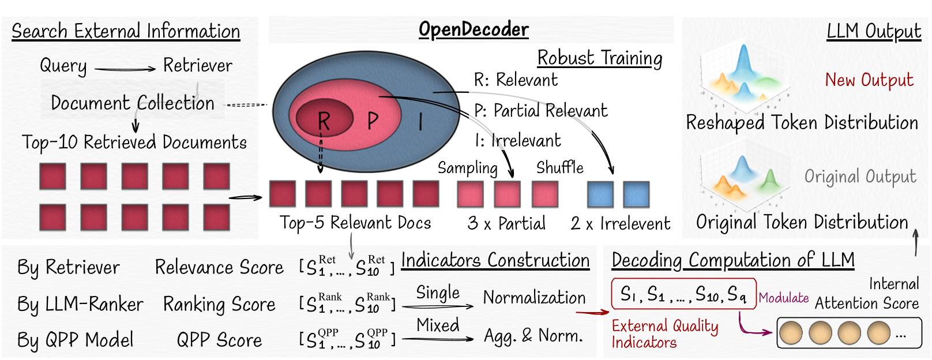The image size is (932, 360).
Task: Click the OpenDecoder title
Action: tap(473, 29)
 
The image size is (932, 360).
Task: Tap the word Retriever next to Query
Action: tap(197, 66)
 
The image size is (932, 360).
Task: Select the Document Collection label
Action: tap(133, 103)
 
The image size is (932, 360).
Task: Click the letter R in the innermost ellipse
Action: tap(324, 121)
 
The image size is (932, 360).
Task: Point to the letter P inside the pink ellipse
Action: tap(373, 121)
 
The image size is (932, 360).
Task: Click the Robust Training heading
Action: tap(600, 58)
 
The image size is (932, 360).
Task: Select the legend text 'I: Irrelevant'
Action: tap(517, 141)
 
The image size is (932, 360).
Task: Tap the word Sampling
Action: tap(467, 168)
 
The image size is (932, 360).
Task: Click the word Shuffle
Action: tap(559, 168)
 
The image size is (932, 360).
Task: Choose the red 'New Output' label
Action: tap(869, 80)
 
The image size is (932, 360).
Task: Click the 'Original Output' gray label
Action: tap(860, 177)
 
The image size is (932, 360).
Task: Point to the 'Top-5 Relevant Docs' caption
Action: tap(355, 223)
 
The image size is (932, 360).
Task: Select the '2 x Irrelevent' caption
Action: tap(621, 224)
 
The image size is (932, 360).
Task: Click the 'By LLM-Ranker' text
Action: tap(80, 304)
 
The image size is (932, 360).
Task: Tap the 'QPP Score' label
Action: tap(219, 340)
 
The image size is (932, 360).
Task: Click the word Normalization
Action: tap(534, 298)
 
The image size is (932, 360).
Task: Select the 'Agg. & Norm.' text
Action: tap(533, 336)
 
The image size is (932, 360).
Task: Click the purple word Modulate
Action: tap(784, 298)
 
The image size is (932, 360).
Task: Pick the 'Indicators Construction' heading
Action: tap(495, 261)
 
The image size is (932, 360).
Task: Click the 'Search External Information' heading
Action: tap(126, 31)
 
